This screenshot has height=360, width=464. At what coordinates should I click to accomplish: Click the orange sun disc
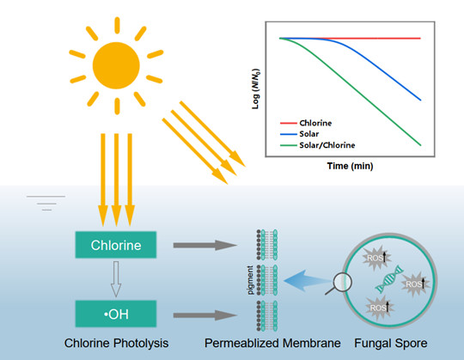tap(116, 65)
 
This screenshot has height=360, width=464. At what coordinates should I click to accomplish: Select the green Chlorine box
tap(116, 245)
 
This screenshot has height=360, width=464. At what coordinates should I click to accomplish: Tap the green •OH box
tap(116, 314)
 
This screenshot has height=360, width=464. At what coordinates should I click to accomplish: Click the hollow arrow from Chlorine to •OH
tap(116, 279)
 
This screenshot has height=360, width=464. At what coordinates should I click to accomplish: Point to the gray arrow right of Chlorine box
tap(205, 245)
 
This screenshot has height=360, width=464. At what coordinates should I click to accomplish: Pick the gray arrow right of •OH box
tap(205, 315)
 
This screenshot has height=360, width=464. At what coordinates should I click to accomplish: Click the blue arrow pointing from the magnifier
tap(308, 281)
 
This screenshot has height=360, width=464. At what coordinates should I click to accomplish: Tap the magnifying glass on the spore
tap(339, 284)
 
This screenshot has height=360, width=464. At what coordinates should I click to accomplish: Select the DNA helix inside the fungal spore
tap(389, 279)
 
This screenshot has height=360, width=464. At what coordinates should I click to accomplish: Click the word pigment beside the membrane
tap(250, 280)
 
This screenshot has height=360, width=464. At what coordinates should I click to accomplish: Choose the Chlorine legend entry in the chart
tap(306, 123)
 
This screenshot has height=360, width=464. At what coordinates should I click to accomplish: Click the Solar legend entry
tap(300, 134)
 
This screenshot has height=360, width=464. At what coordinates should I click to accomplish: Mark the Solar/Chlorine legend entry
tap(318, 145)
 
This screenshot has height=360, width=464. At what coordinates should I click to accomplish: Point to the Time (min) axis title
tap(350, 166)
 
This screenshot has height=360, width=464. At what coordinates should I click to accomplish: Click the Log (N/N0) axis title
tap(256, 88)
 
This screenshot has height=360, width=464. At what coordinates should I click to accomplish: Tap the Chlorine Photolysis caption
tap(116, 343)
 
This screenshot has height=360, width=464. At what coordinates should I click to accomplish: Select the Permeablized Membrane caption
tap(272, 343)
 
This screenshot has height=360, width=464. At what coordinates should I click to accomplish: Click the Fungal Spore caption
tap(391, 343)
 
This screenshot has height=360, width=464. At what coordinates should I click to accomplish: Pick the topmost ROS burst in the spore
tap(376, 258)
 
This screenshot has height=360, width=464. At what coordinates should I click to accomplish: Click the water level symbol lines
tap(46, 203)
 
